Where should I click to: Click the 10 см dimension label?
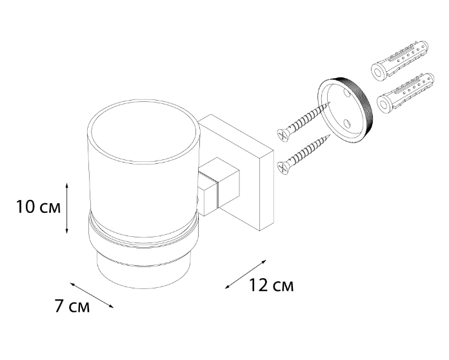pyautogui.click(x=38, y=207)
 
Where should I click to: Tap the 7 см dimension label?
pyautogui.click(x=72, y=306)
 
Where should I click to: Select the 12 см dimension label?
pyautogui.click(x=272, y=285)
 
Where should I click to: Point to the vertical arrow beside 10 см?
pyautogui.click(x=66, y=208)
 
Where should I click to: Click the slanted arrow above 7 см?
pyautogui.click(x=92, y=295)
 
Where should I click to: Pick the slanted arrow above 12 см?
pyautogui.click(x=246, y=274)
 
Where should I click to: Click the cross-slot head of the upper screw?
pyautogui.click(x=283, y=135)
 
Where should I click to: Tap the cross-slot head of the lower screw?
pyautogui.click(x=283, y=168)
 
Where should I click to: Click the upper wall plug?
pyautogui.click(x=400, y=61)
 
